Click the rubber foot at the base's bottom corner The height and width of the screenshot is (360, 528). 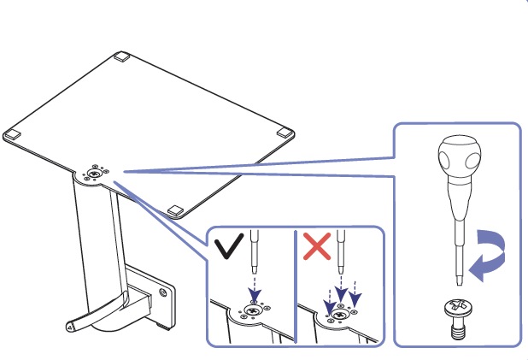click(177, 210)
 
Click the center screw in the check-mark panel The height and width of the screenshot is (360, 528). click(254, 312)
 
